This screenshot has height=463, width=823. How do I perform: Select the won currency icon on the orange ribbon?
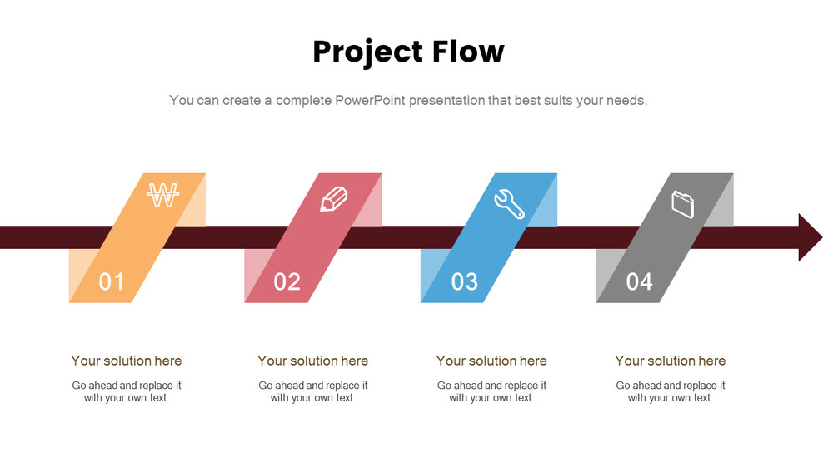[x=162, y=196]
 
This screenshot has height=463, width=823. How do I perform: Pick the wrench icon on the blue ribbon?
[x=509, y=203]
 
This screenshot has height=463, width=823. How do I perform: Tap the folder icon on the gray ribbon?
[x=682, y=203]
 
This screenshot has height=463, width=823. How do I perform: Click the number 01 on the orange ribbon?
[x=111, y=281]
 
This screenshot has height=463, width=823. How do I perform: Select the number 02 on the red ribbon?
[x=287, y=281]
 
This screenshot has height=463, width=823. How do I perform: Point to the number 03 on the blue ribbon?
[x=464, y=281]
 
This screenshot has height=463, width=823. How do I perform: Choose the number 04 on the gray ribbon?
[x=639, y=281]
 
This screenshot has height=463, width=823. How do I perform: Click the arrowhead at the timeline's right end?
[x=810, y=237]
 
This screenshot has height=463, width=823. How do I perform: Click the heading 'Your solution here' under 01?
[x=126, y=361]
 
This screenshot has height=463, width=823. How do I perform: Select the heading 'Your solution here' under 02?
[x=312, y=361]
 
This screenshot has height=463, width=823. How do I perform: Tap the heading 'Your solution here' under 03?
[x=491, y=361]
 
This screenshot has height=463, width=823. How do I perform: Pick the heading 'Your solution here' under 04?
[x=670, y=361]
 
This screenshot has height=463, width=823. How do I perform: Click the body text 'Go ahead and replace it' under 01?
[x=126, y=386]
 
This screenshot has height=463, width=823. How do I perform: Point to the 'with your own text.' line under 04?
[x=670, y=398]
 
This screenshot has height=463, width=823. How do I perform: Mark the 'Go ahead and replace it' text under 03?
[x=491, y=386]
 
